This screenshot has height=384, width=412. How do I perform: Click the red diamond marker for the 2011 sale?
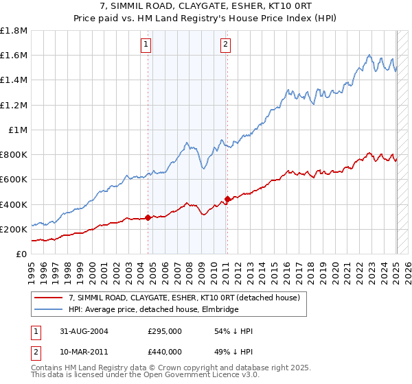coord(227,200)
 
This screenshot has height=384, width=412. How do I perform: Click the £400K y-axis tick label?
coord(14,204)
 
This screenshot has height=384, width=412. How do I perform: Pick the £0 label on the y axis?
coord(21,254)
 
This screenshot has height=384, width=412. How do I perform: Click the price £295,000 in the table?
coord(164,331)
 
